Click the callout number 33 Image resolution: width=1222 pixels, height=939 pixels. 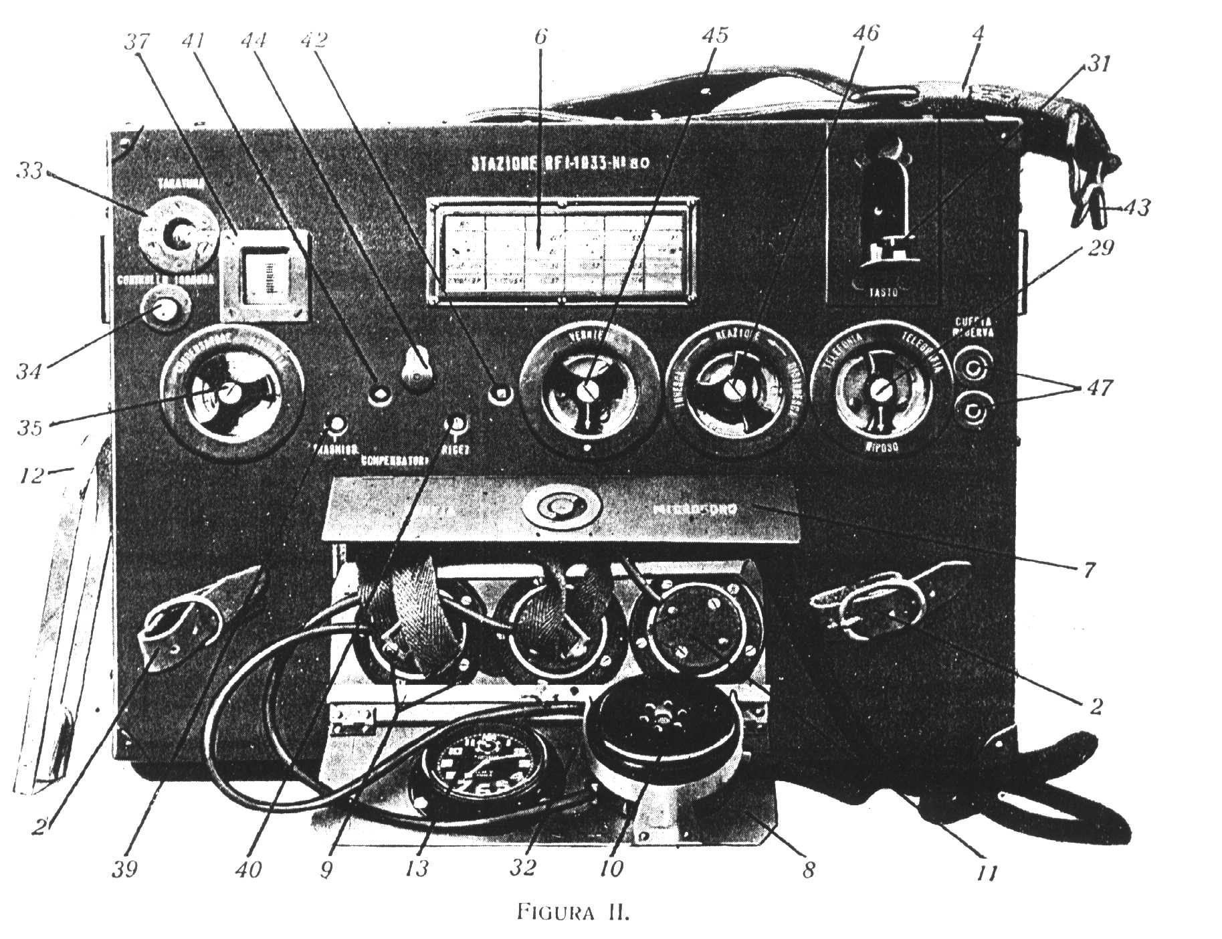(29, 171)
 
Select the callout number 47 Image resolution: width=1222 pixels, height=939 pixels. (1099, 387)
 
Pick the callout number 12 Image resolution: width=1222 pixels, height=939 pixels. (31, 475)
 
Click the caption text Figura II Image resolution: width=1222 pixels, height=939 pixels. (573, 912)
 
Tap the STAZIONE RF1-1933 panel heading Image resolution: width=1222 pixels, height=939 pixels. (561, 163)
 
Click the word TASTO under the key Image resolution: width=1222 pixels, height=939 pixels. (883, 292)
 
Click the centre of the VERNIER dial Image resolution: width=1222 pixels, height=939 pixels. (588, 390)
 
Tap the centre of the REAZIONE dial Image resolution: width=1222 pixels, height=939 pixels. (736, 388)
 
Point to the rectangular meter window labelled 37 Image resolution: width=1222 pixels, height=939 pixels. (266, 275)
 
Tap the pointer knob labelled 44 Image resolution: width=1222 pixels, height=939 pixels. (417, 372)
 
